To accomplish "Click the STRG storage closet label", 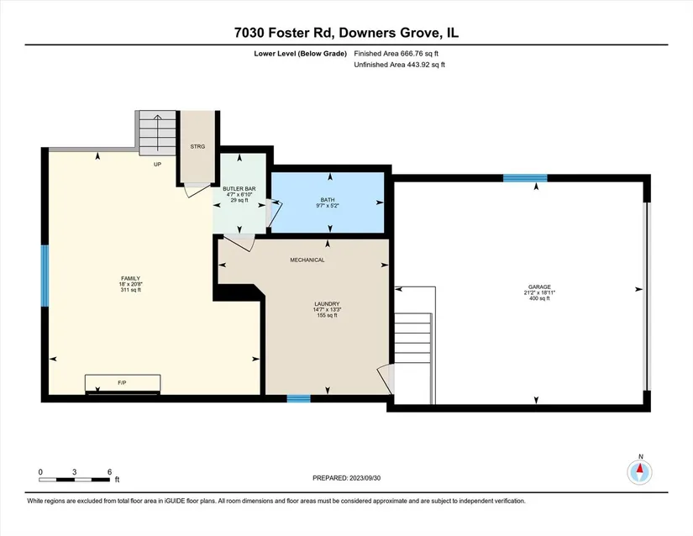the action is click(197, 146).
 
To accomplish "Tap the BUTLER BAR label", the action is click(239, 189).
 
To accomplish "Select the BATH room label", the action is click(328, 200).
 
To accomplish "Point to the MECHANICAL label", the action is click(307, 260).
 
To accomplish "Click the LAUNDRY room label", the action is click(327, 304).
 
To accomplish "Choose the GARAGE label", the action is click(539, 286).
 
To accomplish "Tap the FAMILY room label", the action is click(130, 278).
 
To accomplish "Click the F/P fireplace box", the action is click(123, 382).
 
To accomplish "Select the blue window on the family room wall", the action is click(45, 276).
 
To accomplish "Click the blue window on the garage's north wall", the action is click(525, 178).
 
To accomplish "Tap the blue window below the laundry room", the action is click(299, 398).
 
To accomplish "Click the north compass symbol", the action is click(639, 472).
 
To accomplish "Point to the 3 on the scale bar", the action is click(74, 472).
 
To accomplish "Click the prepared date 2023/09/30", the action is click(365, 478).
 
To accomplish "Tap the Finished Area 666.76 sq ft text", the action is click(396, 54).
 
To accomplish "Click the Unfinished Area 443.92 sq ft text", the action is click(400, 65).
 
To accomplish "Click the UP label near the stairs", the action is click(157, 165).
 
